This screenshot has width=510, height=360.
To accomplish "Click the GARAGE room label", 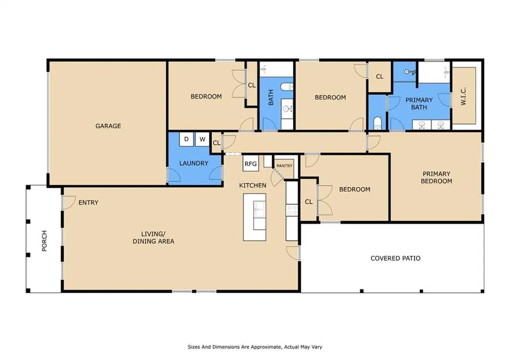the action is [x=108, y=126].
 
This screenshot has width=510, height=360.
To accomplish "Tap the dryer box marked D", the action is [x=186, y=139].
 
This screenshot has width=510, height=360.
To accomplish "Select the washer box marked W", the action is [x=202, y=139].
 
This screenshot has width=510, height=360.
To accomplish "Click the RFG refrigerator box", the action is [x=251, y=164].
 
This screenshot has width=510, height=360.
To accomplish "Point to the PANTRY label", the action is [x=284, y=166].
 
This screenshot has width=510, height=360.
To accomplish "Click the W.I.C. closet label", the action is [x=464, y=96].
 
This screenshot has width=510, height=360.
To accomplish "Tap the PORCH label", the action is [x=44, y=240].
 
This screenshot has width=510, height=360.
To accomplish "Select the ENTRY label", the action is [x=88, y=203].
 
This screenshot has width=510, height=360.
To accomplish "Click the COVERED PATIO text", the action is [x=395, y=258].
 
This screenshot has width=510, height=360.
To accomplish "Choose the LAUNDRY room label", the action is [x=194, y=163].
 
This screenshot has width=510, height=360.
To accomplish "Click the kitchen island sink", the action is [x=259, y=209].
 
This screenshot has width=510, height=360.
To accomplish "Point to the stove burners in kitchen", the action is [x=291, y=210].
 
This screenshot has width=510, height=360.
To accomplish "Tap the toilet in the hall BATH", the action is [x=286, y=87].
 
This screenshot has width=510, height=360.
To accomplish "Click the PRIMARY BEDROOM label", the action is [x=436, y=177].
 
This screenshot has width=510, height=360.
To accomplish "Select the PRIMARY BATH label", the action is [x=419, y=104].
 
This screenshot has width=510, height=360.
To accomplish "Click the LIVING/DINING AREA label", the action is [x=153, y=238].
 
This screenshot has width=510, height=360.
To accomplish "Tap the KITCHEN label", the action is [x=253, y=185].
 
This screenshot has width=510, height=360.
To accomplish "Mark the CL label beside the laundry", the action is [x=216, y=143].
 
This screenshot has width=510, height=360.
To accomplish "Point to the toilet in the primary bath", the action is [x=378, y=123].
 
